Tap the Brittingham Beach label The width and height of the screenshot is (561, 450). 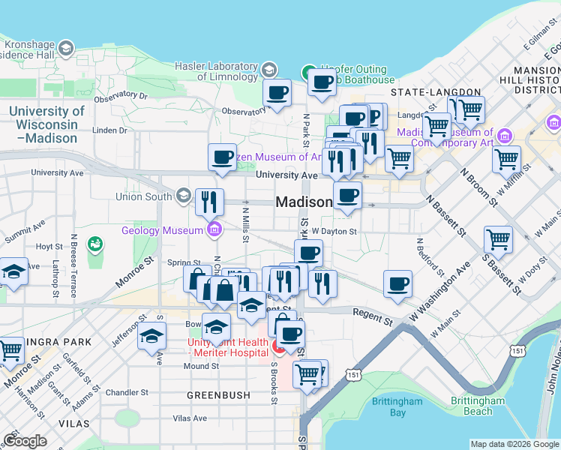pyautogui.click(x=478, y=406)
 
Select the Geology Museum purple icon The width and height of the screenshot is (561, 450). pyautogui.click(x=214, y=229)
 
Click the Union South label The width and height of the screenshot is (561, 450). pyautogui.click(x=144, y=197)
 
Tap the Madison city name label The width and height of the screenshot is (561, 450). pyautogui.click(x=304, y=202)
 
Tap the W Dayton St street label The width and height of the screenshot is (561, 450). pyautogui.click(x=336, y=232)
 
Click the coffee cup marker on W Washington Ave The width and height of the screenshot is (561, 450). pyautogui.click(x=397, y=284)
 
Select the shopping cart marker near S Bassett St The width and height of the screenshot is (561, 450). pyautogui.click(x=498, y=240)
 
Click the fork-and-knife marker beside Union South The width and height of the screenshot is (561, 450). pyautogui.click(x=209, y=201)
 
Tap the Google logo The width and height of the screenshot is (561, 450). pyautogui.click(x=25, y=441)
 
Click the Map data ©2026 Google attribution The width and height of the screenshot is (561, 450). pyautogui.click(x=514, y=445)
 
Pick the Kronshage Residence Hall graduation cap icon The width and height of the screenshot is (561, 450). pyautogui.click(x=66, y=49)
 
